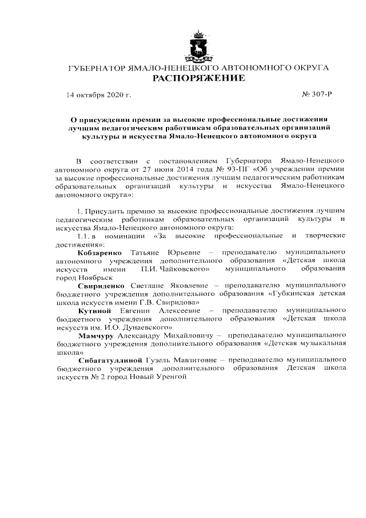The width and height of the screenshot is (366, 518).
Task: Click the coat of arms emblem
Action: tap(198, 47)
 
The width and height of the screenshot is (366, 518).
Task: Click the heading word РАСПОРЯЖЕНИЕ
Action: tap(198, 78)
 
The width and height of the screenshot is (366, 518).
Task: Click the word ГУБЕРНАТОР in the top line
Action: tap(94, 68)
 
